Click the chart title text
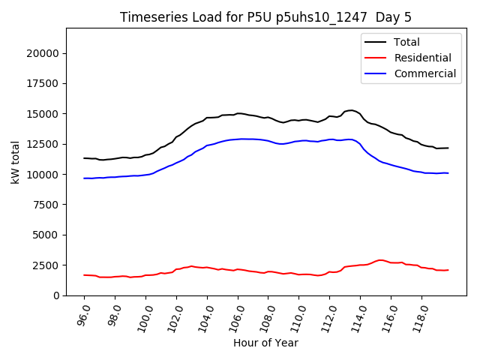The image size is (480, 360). pyautogui.click(x=265, y=17)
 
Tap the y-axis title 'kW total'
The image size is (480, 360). pyautogui.click(x=16, y=162)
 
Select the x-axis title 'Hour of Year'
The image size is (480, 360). pyautogui.click(x=265, y=343)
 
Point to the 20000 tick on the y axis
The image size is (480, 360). pyautogui.click(x=43, y=53)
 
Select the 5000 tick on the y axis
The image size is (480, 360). pyautogui.click(x=46, y=235)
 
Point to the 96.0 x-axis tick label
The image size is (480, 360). pyautogui.click(x=82, y=315)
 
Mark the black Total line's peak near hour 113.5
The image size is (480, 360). pyautogui.click(x=352, y=110)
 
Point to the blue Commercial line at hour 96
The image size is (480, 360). pyautogui.click(x=84, y=178)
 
